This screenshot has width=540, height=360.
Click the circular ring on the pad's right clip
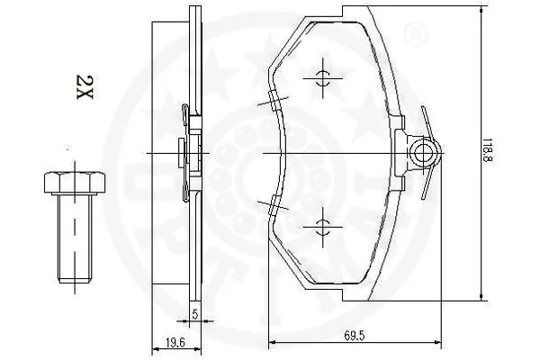click(421, 154)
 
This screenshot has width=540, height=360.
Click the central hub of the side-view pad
click(187, 154)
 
